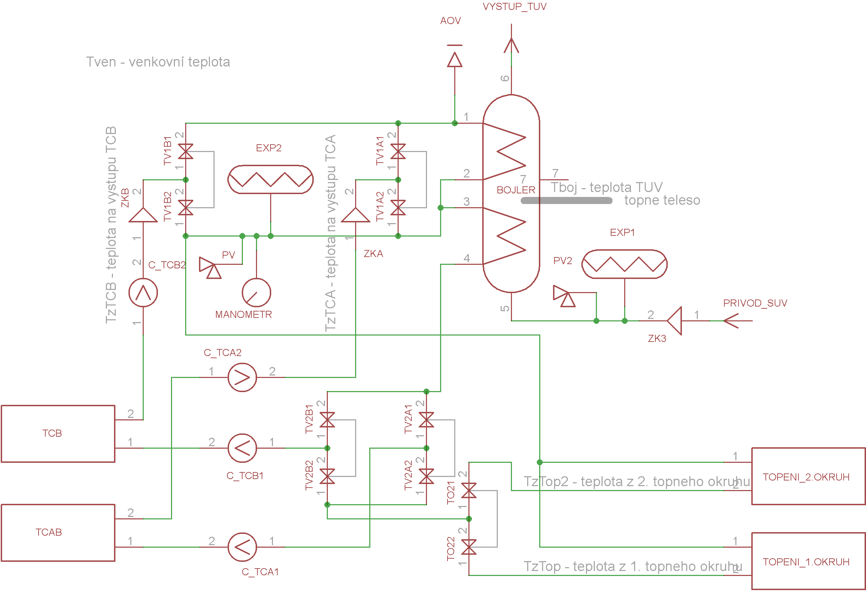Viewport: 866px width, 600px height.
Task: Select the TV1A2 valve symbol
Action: pos(398,208)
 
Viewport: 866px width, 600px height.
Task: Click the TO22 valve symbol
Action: pos(468,547)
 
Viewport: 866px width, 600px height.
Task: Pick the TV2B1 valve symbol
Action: pos(327,420)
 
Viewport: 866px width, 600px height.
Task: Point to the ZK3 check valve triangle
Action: pos(674,321)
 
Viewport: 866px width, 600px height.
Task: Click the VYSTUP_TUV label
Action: pos(514,6)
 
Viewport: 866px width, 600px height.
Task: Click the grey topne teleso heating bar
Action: pos(566,201)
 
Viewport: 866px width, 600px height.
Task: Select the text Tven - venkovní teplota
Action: pos(158,62)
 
